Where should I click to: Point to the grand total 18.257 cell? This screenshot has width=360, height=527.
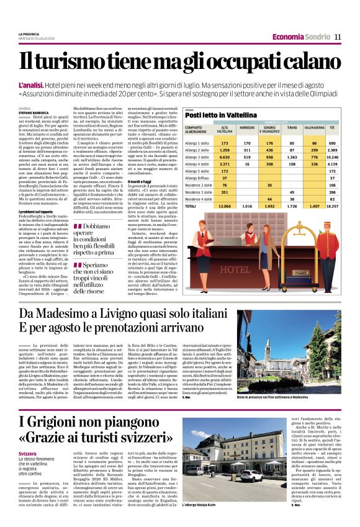pos(332,222)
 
